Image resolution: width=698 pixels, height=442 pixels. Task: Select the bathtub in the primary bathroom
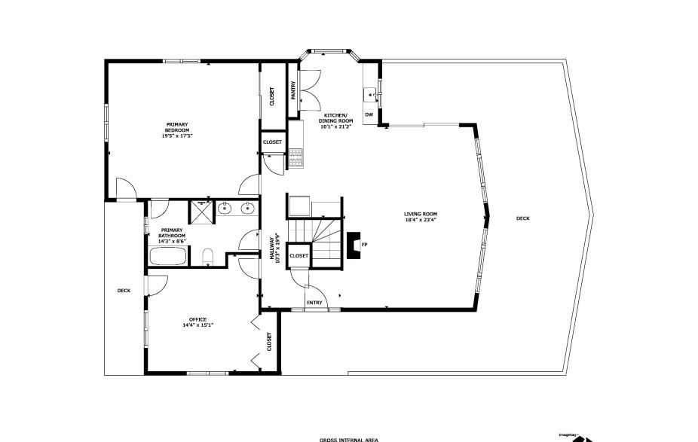coord(167,256)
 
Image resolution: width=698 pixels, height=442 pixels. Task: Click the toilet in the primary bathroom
coord(209,258)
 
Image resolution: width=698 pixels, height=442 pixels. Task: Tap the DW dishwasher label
coord(369,114)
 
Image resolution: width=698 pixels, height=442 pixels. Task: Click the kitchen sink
coord(369,94)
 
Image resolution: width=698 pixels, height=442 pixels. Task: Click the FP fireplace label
coord(364,245)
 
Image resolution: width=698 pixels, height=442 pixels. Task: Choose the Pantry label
coord(293,90)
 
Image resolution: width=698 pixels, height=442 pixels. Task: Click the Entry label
coord(314,303)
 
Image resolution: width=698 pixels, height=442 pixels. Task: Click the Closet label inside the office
coord(269,342)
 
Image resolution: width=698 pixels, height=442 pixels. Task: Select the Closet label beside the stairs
coord(299,255)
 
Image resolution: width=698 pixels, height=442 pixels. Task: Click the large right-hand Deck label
coord(522,218)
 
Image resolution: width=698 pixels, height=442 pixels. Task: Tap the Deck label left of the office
coord(124,291)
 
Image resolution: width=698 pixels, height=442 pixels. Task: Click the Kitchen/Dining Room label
coord(332,117)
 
